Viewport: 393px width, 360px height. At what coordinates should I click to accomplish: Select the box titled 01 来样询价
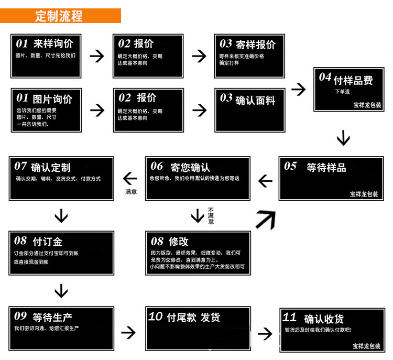coord(46,56)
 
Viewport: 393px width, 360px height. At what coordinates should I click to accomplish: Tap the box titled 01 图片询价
coord(46,110)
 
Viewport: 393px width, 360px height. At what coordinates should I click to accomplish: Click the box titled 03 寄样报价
coord(249,56)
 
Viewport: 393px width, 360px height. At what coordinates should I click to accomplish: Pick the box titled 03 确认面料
coord(249,110)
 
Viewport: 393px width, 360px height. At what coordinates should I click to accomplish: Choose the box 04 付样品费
coord(348,90)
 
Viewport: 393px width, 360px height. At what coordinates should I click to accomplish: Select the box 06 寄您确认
coord(198,178)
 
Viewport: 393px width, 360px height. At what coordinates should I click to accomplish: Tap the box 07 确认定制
coord(61,178)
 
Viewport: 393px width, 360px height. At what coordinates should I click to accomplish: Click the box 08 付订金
coord(61,253)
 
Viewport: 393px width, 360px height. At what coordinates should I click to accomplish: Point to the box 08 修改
coord(198,253)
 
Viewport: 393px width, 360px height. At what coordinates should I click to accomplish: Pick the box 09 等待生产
coord(61,328)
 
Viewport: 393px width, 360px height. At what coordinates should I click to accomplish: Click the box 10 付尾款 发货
coord(198,328)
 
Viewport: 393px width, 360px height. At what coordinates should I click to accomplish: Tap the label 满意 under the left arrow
coord(130,192)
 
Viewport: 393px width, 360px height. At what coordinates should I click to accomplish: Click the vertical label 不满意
coord(211,215)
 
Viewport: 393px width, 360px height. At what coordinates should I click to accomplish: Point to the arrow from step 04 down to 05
coord(343,138)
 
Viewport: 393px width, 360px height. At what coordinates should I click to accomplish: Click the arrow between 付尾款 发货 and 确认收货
coord(265,333)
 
